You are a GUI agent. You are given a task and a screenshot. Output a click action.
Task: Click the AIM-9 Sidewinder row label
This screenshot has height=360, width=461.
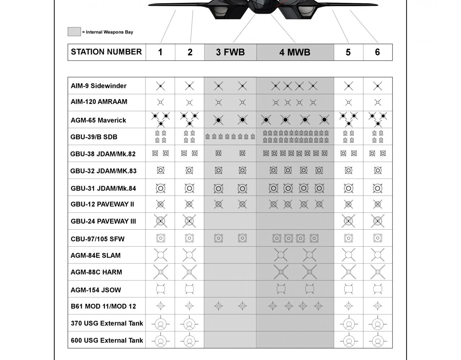(x=98, y=86)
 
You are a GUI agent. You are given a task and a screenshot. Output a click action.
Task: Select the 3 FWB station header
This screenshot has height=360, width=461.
(x=230, y=52)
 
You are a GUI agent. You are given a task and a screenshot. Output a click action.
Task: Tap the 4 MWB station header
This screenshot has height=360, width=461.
(x=295, y=52)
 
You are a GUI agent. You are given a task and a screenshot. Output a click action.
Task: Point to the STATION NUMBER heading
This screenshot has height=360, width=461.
(x=106, y=52)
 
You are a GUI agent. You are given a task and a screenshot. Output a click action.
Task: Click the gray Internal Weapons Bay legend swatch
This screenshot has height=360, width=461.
(x=74, y=32)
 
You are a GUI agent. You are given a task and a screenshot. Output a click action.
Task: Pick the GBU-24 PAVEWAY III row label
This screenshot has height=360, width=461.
(x=103, y=221)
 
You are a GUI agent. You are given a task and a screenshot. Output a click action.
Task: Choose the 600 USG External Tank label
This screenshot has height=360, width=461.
(x=107, y=340)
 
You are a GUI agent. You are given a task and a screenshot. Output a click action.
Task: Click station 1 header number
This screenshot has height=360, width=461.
(x=160, y=52)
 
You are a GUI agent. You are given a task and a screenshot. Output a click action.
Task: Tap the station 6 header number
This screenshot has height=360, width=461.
(x=377, y=52)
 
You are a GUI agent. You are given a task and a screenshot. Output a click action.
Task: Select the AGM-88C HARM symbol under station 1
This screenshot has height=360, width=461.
(x=161, y=272)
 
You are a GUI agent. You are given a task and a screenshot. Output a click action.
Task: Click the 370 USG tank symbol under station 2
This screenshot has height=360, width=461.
(x=189, y=324)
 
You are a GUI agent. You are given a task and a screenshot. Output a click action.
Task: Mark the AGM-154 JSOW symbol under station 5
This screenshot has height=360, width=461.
(x=348, y=289)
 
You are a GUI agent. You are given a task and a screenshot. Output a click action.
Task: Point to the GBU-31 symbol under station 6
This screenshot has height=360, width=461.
(x=377, y=188)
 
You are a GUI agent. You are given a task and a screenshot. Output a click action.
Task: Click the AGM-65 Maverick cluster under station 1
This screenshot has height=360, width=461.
(x=161, y=119)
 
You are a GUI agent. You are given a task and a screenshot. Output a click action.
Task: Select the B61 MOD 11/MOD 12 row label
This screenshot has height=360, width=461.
(x=103, y=307)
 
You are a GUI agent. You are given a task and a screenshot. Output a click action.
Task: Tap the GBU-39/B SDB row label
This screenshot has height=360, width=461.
(x=94, y=137)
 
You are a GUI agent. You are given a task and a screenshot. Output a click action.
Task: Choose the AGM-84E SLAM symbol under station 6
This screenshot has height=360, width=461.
(x=377, y=255)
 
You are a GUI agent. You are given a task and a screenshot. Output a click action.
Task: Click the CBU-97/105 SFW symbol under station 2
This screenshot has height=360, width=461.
(x=189, y=238)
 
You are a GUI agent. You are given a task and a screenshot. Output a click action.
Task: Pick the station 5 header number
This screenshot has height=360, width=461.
(x=348, y=52)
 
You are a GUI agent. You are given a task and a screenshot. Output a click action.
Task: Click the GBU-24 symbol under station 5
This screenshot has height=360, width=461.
(x=348, y=221)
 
